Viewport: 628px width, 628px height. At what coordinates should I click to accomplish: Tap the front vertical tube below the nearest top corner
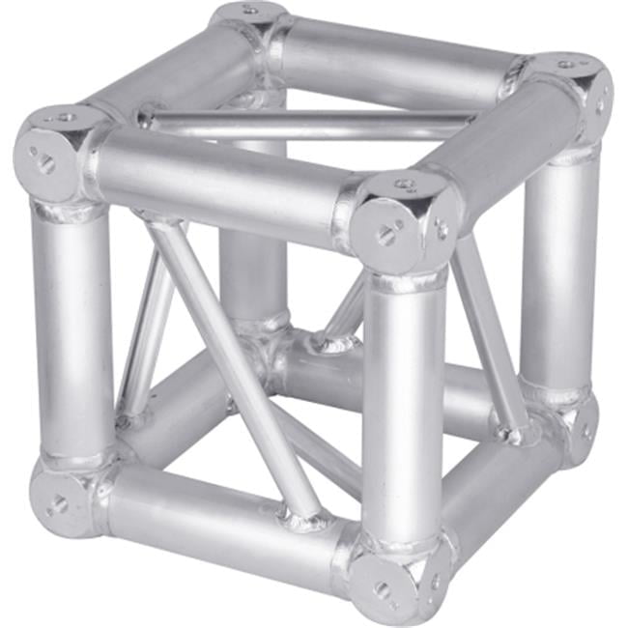[404, 406]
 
